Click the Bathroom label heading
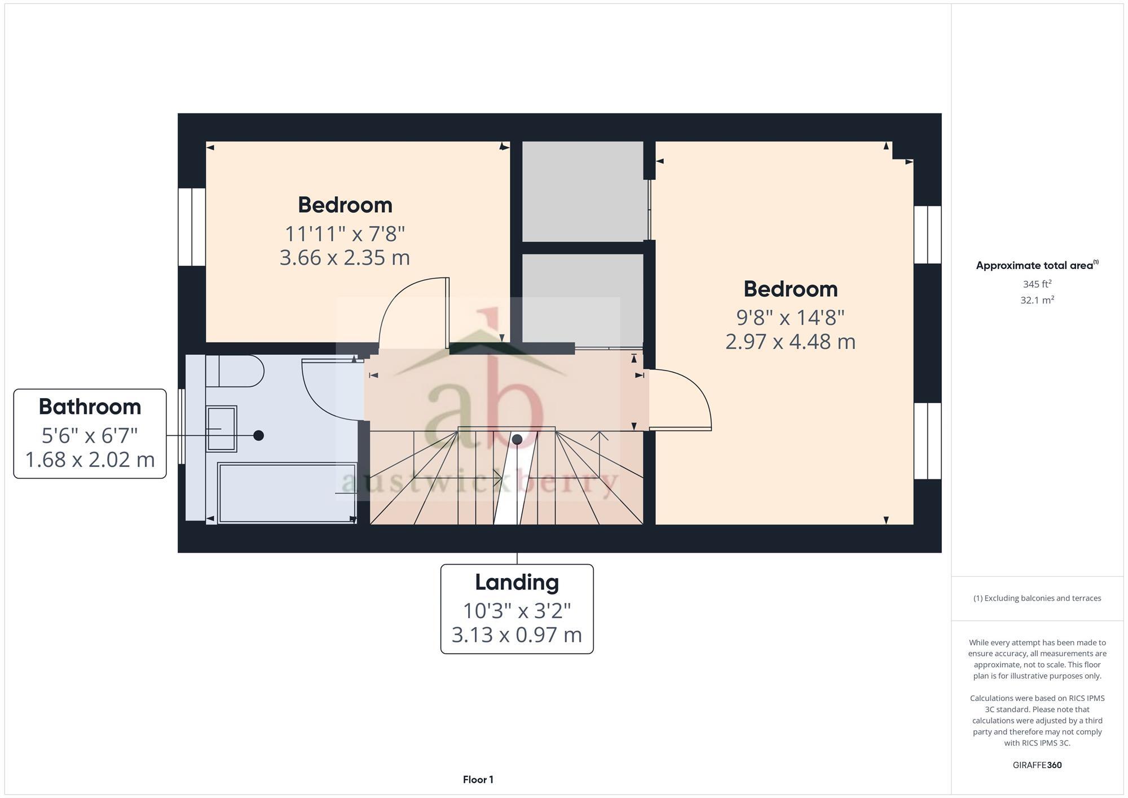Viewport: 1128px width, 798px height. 90,407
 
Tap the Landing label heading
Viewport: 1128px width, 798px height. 517,582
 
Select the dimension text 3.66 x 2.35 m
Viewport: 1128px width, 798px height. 345,258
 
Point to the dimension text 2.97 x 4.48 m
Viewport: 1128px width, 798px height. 790,342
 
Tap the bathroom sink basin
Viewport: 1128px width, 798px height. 222,429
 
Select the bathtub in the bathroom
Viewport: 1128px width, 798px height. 287,493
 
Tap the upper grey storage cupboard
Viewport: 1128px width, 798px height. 583,192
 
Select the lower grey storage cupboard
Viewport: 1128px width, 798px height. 583,297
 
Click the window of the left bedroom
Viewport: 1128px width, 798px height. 192,227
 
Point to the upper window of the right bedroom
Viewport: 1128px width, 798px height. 928,235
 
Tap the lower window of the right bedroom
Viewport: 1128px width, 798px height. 928,441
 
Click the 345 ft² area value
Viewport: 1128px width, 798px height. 1037,284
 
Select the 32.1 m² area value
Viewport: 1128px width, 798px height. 1037,300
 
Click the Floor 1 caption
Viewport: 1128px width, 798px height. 478,779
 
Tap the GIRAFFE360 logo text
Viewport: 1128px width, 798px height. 1037,765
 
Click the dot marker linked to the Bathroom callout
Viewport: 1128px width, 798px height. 258,435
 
